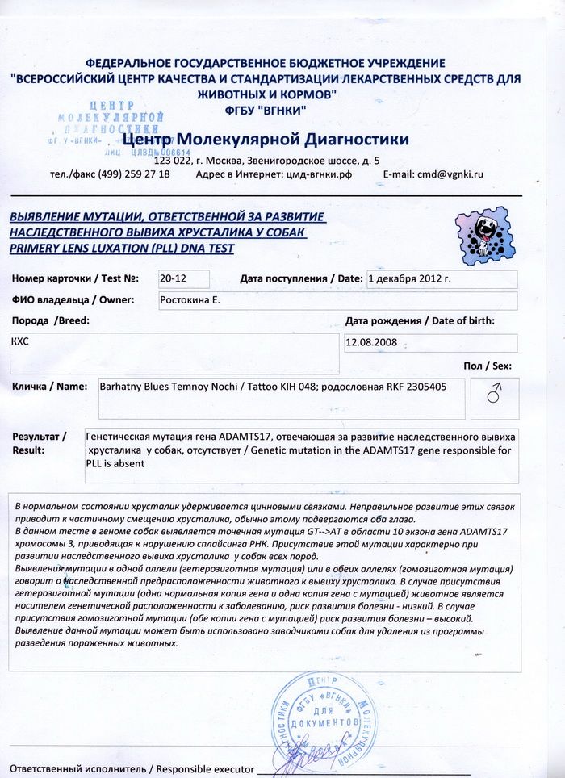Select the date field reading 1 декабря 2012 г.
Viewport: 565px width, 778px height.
[x=409, y=278]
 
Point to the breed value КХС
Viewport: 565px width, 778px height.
[x=20, y=341]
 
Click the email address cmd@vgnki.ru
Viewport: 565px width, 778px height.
[x=444, y=174]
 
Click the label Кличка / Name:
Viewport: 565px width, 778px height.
[x=49, y=387]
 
